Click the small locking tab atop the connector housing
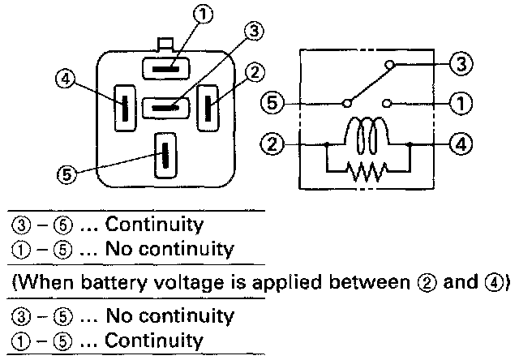(166, 44)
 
